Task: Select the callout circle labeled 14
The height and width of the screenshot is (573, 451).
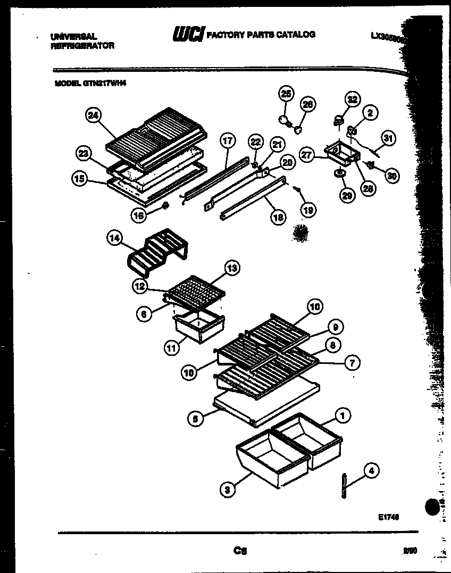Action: coord(114,239)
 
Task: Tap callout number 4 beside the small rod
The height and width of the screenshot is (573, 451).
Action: coord(371,470)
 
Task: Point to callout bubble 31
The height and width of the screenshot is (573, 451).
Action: coord(389,139)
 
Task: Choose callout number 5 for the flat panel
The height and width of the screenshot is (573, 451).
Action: coord(196,419)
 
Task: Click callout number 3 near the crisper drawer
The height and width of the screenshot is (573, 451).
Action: coord(227,490)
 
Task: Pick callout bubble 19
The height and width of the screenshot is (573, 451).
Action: coord(308,210)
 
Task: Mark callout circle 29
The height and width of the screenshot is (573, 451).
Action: coord(347,196)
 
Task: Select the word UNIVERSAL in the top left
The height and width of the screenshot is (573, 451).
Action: coord(73,37)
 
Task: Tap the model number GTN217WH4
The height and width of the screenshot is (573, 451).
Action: coord(105,83)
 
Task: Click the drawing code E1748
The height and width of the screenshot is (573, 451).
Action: coord(390,517)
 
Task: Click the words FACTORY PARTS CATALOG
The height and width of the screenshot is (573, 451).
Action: coord(261,35)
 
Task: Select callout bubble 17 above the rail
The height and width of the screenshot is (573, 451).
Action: coord(227,141)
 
